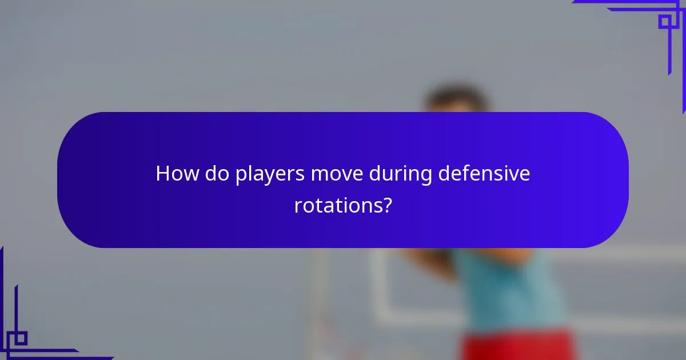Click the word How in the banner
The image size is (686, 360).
(175, 174)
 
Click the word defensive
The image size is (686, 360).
(484, 174)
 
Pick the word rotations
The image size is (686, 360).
(337, 206)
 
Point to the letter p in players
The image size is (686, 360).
(241, 176)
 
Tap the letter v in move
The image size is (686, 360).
(345, 175)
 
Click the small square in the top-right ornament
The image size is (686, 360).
(665, 22)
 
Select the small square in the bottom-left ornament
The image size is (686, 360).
(20, 338)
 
